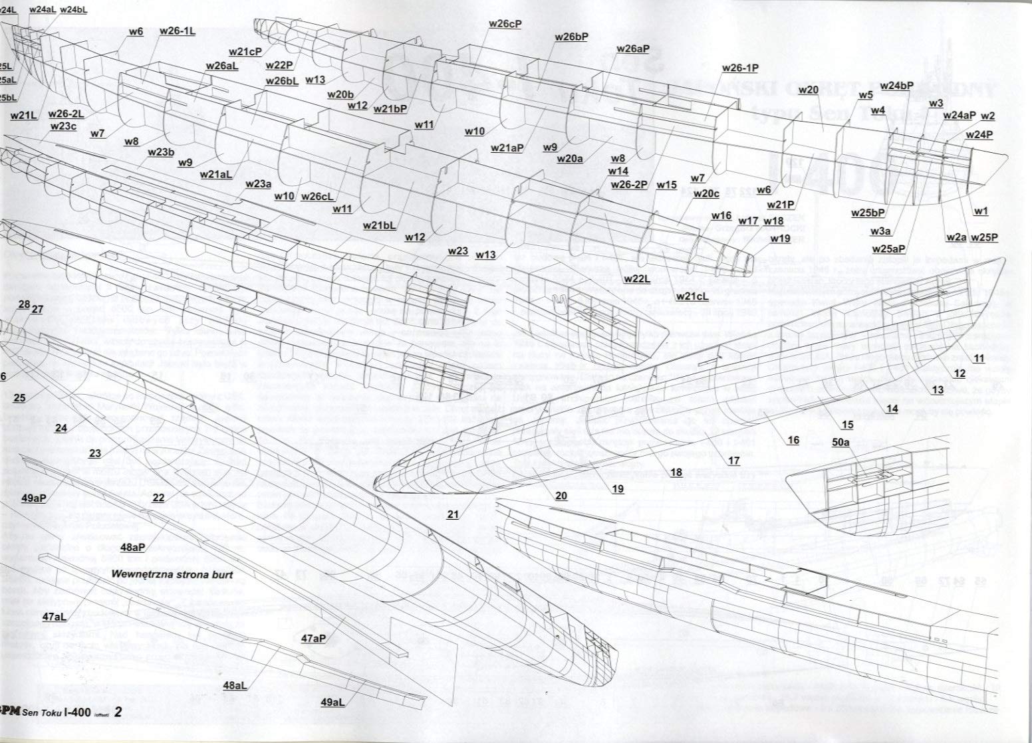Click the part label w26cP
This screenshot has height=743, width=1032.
point(505,24)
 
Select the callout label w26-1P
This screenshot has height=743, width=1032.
point(740,68)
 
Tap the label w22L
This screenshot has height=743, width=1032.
point(636,279)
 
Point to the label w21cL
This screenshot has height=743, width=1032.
point(692,296)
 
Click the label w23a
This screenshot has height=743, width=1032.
point(258,184)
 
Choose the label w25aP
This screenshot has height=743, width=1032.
point(888,249)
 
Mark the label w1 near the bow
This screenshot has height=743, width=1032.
point(981,211)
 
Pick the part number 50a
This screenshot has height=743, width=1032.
point(840,441)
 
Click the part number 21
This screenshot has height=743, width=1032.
point(453,514)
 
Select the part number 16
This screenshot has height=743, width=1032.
point(793,440)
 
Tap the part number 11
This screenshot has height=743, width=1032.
point(979,358)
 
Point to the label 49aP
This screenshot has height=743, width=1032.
point(33,498)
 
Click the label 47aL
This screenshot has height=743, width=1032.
point(54,617)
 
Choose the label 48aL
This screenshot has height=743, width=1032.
point(235,685)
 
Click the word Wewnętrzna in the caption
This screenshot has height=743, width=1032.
point(138,574)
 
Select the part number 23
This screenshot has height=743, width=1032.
point(94,453)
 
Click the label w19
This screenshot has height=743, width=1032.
point(780,238)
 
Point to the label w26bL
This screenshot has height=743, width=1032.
point(281,81)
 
